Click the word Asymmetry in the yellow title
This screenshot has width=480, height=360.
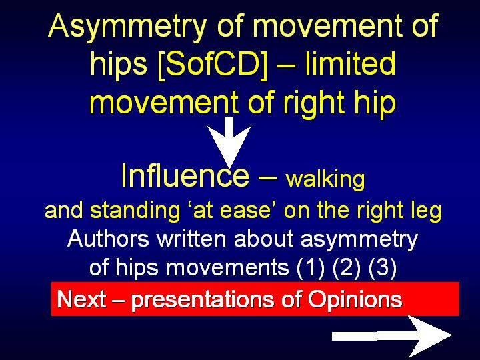(127, 27)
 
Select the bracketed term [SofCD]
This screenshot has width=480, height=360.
(211, 65)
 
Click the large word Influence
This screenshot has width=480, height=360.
(185, 175)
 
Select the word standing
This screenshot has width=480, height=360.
(135, 211)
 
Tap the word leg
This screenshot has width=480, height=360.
(428, 211)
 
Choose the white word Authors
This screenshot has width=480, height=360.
(108, 239)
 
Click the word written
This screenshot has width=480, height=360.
(191, 239)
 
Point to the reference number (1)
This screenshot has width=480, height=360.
(311, 267)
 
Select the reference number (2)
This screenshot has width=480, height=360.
(347, 267)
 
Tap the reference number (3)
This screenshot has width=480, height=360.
(383, 267)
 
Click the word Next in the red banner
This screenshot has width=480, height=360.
(81, 299)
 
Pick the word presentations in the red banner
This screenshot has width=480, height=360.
(203, 300)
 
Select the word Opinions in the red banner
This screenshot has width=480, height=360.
(355, 300)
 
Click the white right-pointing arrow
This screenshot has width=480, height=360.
(392, 336)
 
